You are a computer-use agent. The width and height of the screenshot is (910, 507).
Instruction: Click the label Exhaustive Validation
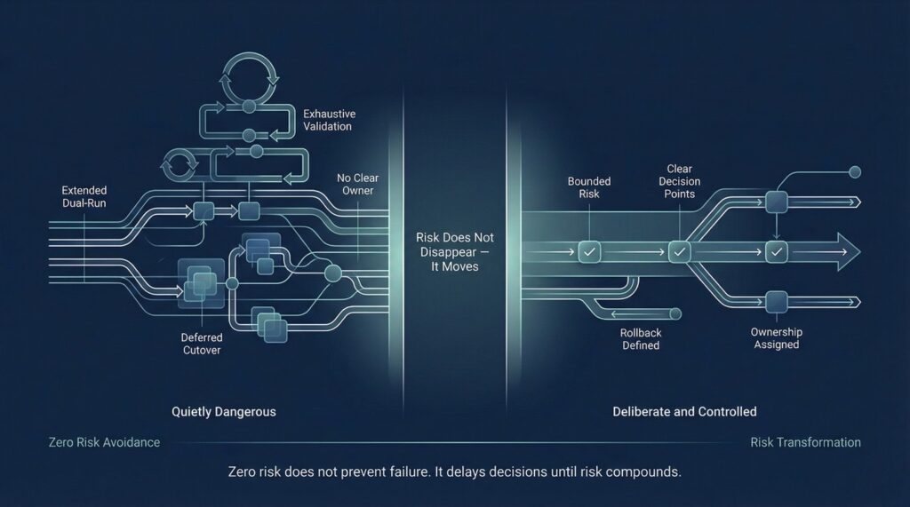point(327,120)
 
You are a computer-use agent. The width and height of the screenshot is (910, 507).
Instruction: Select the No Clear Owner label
point(358,185)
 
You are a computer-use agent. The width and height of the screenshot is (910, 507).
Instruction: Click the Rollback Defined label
point(640,338)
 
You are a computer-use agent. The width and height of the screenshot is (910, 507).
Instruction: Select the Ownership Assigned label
point(776,337)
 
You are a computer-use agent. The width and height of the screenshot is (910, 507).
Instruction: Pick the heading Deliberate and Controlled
point(684,412)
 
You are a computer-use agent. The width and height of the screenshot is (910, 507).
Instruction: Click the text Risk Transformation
point(805,442)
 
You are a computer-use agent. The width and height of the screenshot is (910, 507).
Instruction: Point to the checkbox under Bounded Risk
point(587,252)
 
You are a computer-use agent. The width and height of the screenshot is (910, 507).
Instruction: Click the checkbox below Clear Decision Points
point(679,252)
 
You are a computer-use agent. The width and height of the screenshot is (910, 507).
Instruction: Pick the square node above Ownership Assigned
point(777,300)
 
